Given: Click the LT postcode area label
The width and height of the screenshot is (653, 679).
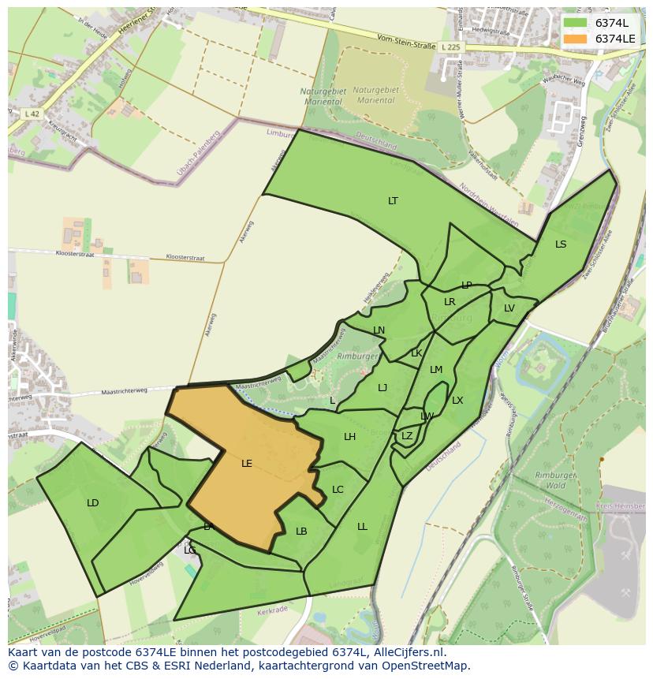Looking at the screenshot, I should click(x=393, y=201).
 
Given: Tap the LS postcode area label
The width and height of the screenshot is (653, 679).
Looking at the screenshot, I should click(x=561, y=244).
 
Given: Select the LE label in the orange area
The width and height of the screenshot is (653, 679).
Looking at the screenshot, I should click(x=247, y=464).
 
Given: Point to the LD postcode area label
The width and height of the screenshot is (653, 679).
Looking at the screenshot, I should click(x=93, y=503).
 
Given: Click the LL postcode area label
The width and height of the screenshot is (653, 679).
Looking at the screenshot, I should click(x=362, y=527).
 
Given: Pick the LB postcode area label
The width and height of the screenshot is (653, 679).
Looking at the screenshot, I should click(x=301, y=532).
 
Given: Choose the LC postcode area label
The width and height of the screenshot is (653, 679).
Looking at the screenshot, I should click(x=338, y=490).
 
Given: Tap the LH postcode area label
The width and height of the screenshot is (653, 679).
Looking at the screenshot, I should click(x=349, y=437).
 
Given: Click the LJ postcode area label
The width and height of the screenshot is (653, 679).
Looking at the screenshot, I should click(x=382, y=387).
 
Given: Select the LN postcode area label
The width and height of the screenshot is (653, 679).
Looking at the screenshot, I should click(x=379, y=330).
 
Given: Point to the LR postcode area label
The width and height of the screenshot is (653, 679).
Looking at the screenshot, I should click(x=450, y=302).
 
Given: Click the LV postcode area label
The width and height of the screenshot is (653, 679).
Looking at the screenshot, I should click(x=509, y=308).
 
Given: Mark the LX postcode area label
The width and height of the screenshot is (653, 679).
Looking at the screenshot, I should click(x=457, y=401).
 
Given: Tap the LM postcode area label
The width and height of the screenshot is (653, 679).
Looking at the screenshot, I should click(x=436, y=370).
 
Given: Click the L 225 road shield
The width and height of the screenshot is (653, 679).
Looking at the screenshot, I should click(x=451, y=47).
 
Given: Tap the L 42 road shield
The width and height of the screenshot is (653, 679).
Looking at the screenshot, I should click(x=32, y=114).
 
